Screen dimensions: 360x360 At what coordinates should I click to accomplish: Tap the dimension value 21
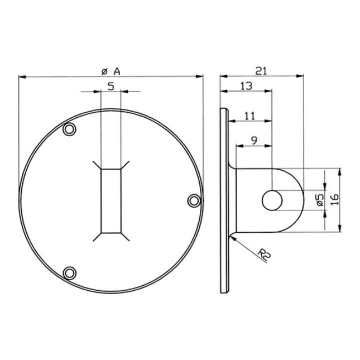click(x=261, y=70)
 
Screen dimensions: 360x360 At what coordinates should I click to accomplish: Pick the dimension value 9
click(x=254, y=141)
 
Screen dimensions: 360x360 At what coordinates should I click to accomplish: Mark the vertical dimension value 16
click(x=334, y=200)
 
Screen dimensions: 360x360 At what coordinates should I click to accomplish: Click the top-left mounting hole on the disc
click(x=69, y=129)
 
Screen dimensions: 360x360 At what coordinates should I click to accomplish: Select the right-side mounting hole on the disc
click(x=193, y=200)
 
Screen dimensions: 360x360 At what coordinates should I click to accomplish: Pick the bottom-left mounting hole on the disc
click(x=69, y=272)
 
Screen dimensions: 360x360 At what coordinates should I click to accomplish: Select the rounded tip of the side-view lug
click(x=299, y=200)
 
